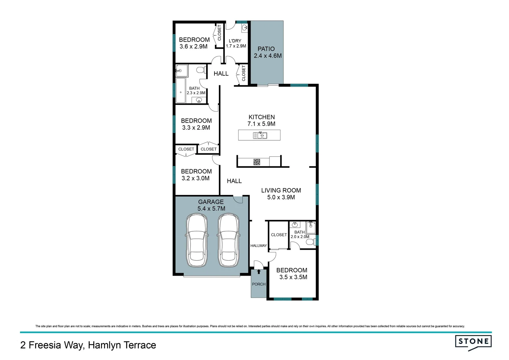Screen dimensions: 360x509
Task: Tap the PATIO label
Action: (x=266, y=49)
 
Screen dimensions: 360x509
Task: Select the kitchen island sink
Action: (x=260, y=135)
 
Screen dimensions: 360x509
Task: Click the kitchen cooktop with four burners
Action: (x=256, y=162)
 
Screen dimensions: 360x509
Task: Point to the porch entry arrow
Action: (x=258, y=272)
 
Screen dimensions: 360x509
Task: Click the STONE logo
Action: (x=473, y=342)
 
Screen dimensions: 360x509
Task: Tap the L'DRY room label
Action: (x=235, y=41)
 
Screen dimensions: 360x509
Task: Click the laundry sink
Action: (x=244, y=27)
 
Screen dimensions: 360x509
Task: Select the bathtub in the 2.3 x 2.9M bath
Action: (x=181, y=91)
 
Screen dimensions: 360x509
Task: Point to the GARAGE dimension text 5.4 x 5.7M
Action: (x=211, y=209)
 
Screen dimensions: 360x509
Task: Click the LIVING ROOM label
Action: (x=281, y=190)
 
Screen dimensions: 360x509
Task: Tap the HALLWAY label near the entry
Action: (x=258, y=246)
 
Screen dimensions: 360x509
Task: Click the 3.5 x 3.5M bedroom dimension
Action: (x=293, y=277)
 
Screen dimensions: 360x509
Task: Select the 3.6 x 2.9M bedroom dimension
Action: (x=193, y=47)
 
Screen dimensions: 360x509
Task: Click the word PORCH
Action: (x=259, y=284)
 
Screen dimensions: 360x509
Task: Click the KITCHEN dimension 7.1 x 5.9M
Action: (x=261, y=124)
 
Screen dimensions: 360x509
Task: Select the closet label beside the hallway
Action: (x=279, y=235)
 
